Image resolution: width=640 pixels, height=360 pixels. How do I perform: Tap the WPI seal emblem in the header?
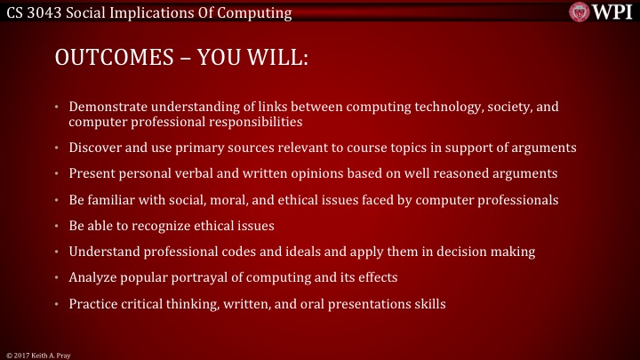580,12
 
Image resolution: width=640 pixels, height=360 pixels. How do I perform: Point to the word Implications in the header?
146,12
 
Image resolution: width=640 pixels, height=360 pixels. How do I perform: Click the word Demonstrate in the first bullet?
109,108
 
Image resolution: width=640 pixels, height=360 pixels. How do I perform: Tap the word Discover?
96,147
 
